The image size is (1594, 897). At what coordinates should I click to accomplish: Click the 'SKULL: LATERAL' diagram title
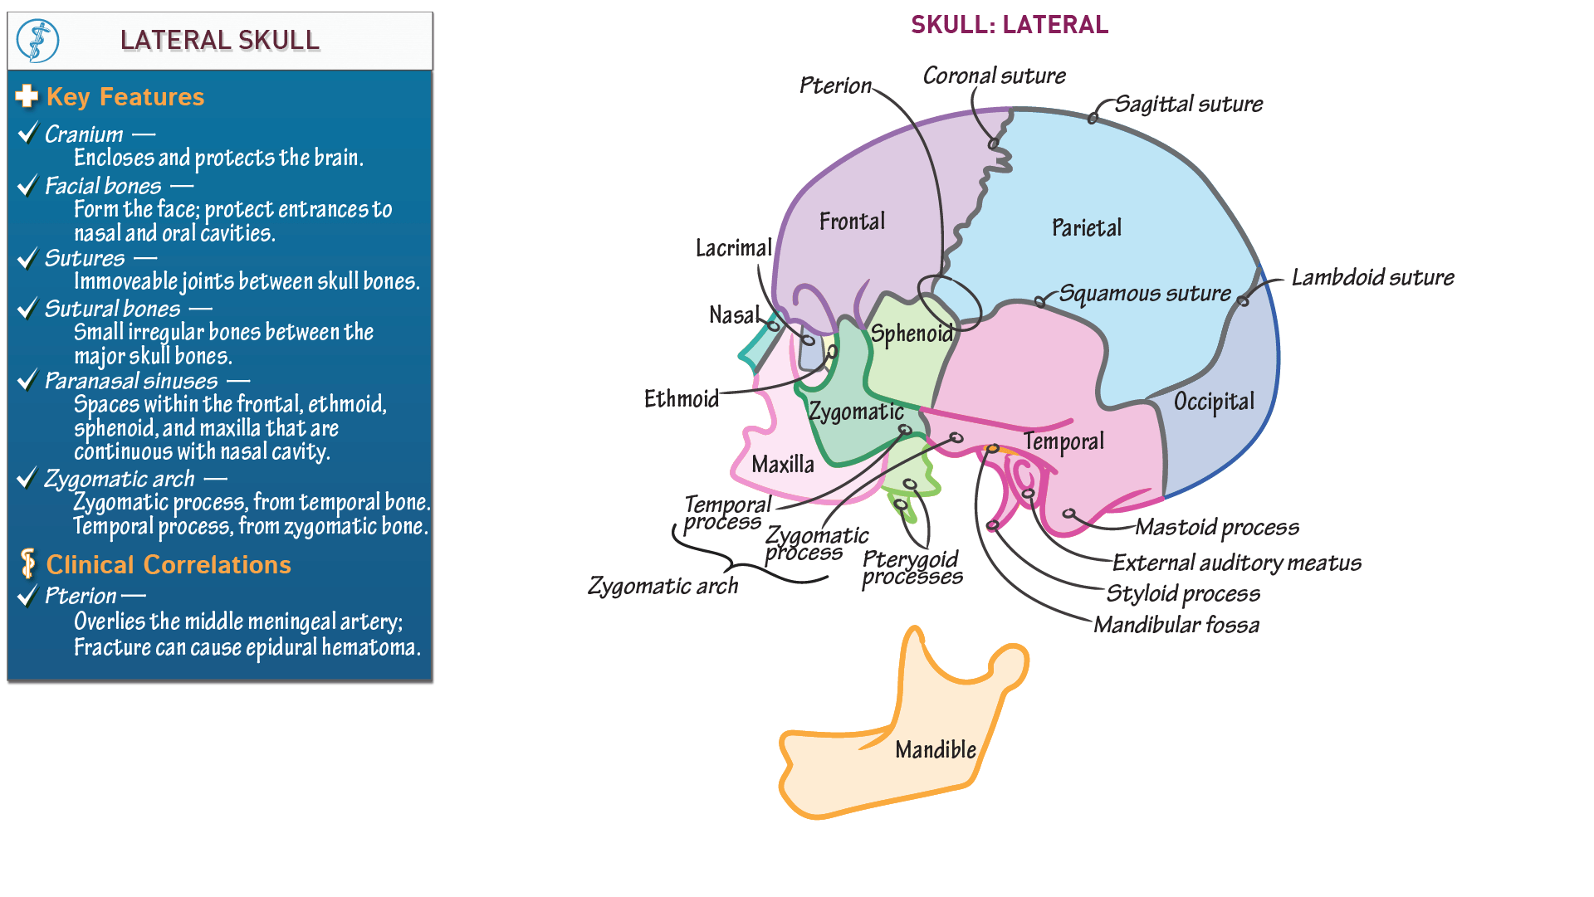pos(1009,25)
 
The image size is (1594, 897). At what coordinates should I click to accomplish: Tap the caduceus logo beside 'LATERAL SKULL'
pos(38,41)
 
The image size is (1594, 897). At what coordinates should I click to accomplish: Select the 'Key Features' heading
pos(125,97)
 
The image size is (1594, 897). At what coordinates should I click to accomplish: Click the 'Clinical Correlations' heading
pos(169,565)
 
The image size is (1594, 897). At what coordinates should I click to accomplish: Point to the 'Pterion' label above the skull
pos(835,85)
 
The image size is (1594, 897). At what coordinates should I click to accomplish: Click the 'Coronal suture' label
pos(994,76)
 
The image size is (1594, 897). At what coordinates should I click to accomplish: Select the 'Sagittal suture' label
pos(1188,105)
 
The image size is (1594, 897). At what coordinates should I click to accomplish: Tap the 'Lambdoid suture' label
pos(1372,278)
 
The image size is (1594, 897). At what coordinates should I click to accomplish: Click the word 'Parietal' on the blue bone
pos(1086,228)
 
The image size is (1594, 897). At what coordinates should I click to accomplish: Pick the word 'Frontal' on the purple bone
pos(852,222)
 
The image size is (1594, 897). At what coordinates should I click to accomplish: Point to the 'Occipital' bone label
pos(1214,402)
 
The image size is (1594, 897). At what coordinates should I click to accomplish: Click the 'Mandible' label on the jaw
pos(935,750)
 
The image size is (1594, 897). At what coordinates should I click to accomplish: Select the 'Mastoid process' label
pos(1216,528)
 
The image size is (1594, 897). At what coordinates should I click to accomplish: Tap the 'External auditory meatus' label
pos(1236,563)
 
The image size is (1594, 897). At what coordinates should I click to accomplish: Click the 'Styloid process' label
pos(1183,594)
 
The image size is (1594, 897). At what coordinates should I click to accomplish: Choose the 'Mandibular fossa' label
pos(1176,625)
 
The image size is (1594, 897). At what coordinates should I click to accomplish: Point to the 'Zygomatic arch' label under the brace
pos(663,587)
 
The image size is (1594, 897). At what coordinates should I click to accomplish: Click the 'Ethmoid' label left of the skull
pos(682,399)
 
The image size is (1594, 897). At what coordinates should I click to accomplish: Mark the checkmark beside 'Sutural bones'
pos(28,309)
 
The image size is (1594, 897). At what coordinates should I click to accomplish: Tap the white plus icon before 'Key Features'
pos(27,96)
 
